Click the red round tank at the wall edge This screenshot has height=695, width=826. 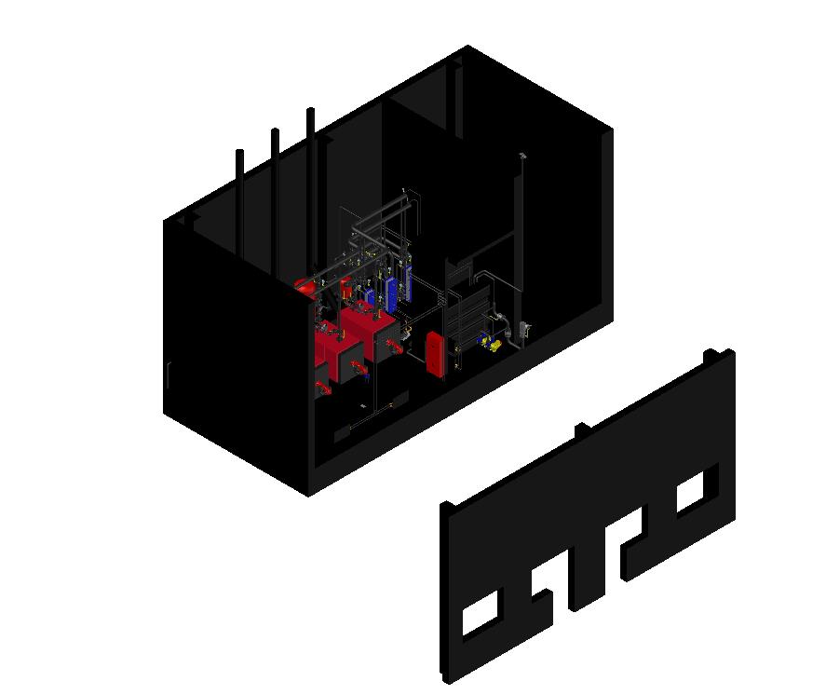[x=304, y=285]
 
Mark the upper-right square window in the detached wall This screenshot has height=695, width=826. [x=694, y=492]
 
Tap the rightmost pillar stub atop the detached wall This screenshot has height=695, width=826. [x=711, y=356]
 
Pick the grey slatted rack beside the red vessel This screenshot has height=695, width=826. [x=469, y=318]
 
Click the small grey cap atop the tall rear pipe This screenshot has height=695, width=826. [x=522, y=155]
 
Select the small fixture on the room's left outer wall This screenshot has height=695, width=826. [x=168, y=375]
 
